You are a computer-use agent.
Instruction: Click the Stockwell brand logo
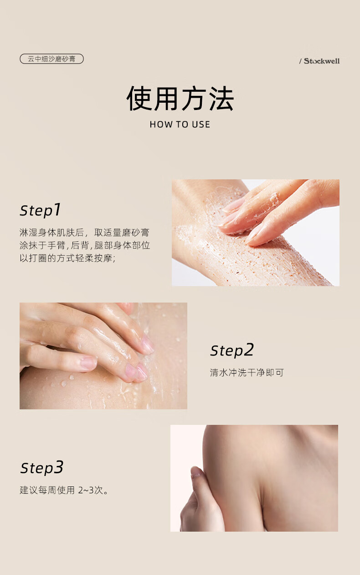[322, 61]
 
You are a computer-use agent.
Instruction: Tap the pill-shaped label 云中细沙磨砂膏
[51, 59]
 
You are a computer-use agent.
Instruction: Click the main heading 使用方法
[180, 99]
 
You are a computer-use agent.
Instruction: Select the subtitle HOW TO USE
[180, 125]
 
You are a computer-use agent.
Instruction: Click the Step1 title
[40, 210]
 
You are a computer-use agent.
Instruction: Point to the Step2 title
[231, 350]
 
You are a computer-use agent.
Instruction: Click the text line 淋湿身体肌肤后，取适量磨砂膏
[84, 232]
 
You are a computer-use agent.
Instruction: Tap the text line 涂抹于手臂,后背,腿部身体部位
[85, 245]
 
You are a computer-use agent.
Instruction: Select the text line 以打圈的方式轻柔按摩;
[67, 258]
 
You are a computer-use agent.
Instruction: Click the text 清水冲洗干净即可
[247, 373]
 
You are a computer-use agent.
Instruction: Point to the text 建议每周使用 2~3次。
[64, 491]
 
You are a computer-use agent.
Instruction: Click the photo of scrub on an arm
[255, 233]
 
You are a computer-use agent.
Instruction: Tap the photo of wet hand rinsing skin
[103, 356]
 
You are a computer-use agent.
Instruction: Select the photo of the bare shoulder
[254, 478]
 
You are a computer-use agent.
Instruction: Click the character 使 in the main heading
[139, 99]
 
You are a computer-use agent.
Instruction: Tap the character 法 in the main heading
[221, 99]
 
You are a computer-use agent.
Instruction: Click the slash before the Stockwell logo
[300, 61]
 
